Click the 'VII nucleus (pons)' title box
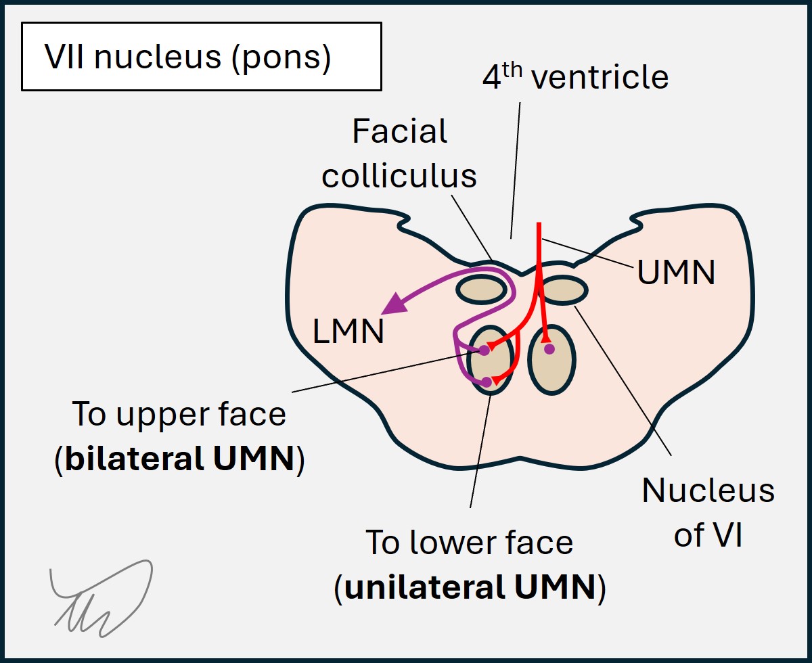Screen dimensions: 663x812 tap(201, 57)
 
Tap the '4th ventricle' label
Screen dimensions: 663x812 tap(575, 78)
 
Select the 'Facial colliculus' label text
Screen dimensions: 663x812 tap(399, 154)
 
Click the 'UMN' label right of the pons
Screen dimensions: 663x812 tap(676, 273)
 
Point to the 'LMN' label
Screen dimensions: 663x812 tap(348, 331)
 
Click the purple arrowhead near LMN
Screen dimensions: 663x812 tap(394, 302)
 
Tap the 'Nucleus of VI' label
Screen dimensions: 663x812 tap(708, 512)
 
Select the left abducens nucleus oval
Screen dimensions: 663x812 tap(481, 290)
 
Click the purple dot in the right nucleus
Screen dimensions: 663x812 tap(549, 349)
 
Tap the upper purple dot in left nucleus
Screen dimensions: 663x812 tap(484, 350)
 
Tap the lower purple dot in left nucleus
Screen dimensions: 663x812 tap(486, 382)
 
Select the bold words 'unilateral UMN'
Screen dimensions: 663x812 tap(469, 588)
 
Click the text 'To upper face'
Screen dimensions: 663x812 tap(179, 415)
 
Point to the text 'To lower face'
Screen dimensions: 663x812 tap(469, 543)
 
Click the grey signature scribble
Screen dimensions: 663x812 tap(99, 598)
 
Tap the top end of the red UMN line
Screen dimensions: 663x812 tap(539, 225)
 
